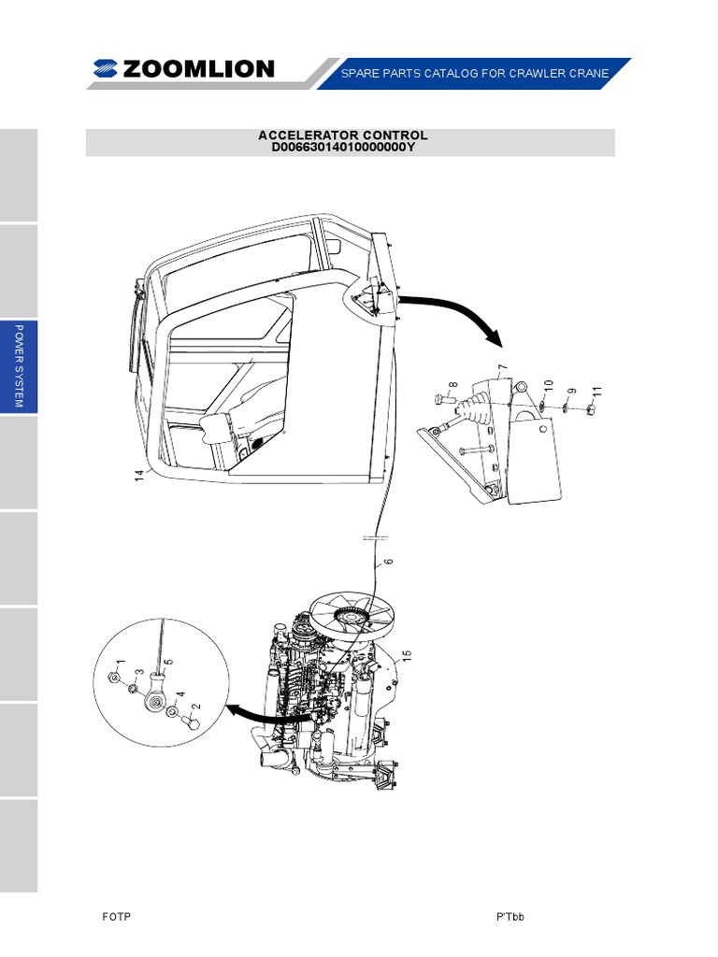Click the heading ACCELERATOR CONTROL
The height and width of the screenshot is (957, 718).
point(343,136)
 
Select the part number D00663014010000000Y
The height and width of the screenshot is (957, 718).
point(343,148)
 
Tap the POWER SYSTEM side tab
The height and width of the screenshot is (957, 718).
point(19,368)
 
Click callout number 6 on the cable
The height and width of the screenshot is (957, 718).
point(388,564)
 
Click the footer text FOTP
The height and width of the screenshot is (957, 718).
point(116,917)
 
